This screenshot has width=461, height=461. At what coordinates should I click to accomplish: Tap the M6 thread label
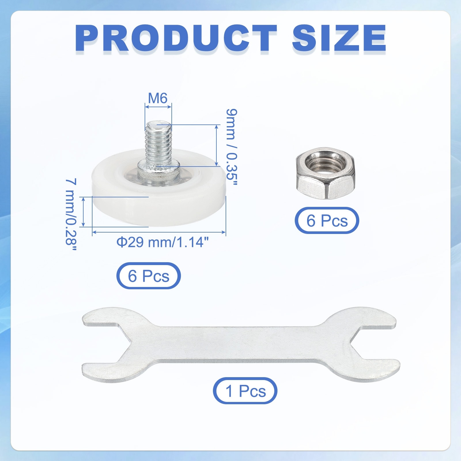tap(158, 98)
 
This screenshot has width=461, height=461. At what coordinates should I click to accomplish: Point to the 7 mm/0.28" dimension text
tap(71, 215)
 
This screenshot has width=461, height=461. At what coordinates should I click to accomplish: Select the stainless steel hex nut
tap(326, 173)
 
